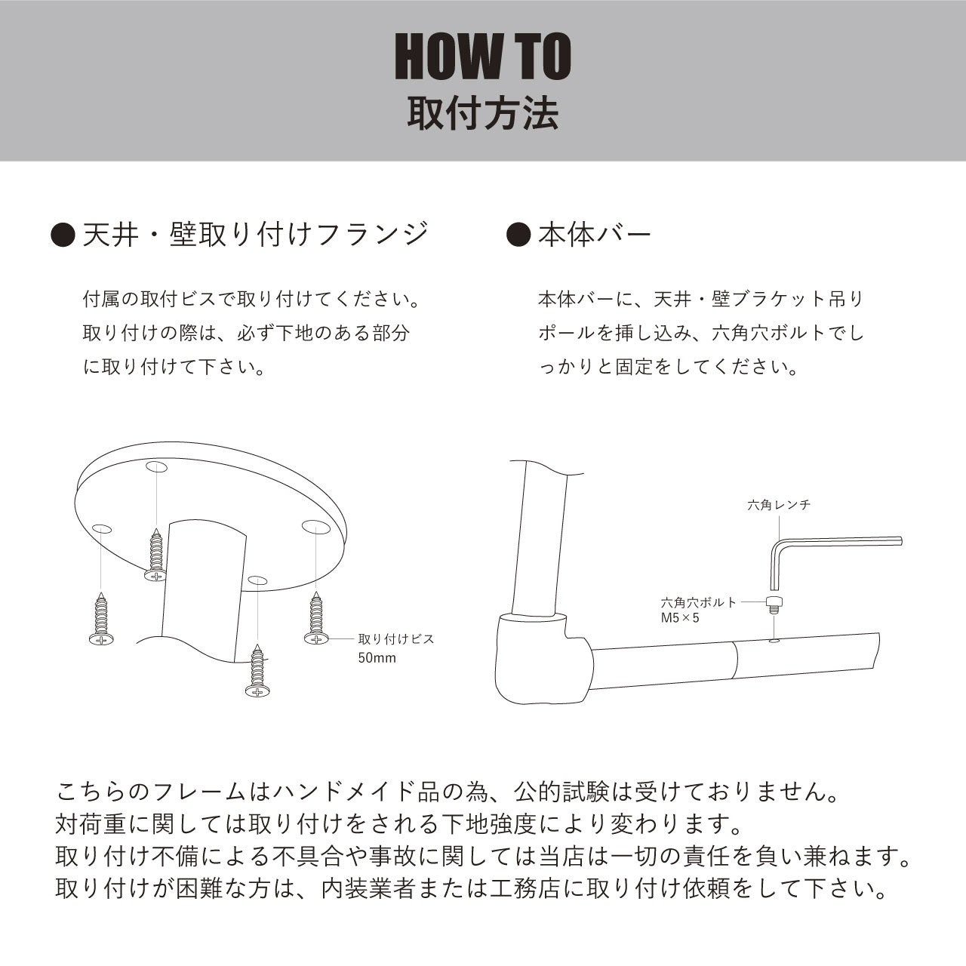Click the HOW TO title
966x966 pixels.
482,57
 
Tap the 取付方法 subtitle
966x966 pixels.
482,115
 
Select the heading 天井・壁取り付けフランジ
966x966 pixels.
256,235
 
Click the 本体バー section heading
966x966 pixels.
594,235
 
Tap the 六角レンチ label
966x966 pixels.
778,505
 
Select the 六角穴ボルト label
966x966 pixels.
698,602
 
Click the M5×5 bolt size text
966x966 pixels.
680,618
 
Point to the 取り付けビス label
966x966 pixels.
396,639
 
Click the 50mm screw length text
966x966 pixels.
377,657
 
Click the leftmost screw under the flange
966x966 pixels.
100,620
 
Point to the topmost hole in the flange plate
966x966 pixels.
156,466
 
